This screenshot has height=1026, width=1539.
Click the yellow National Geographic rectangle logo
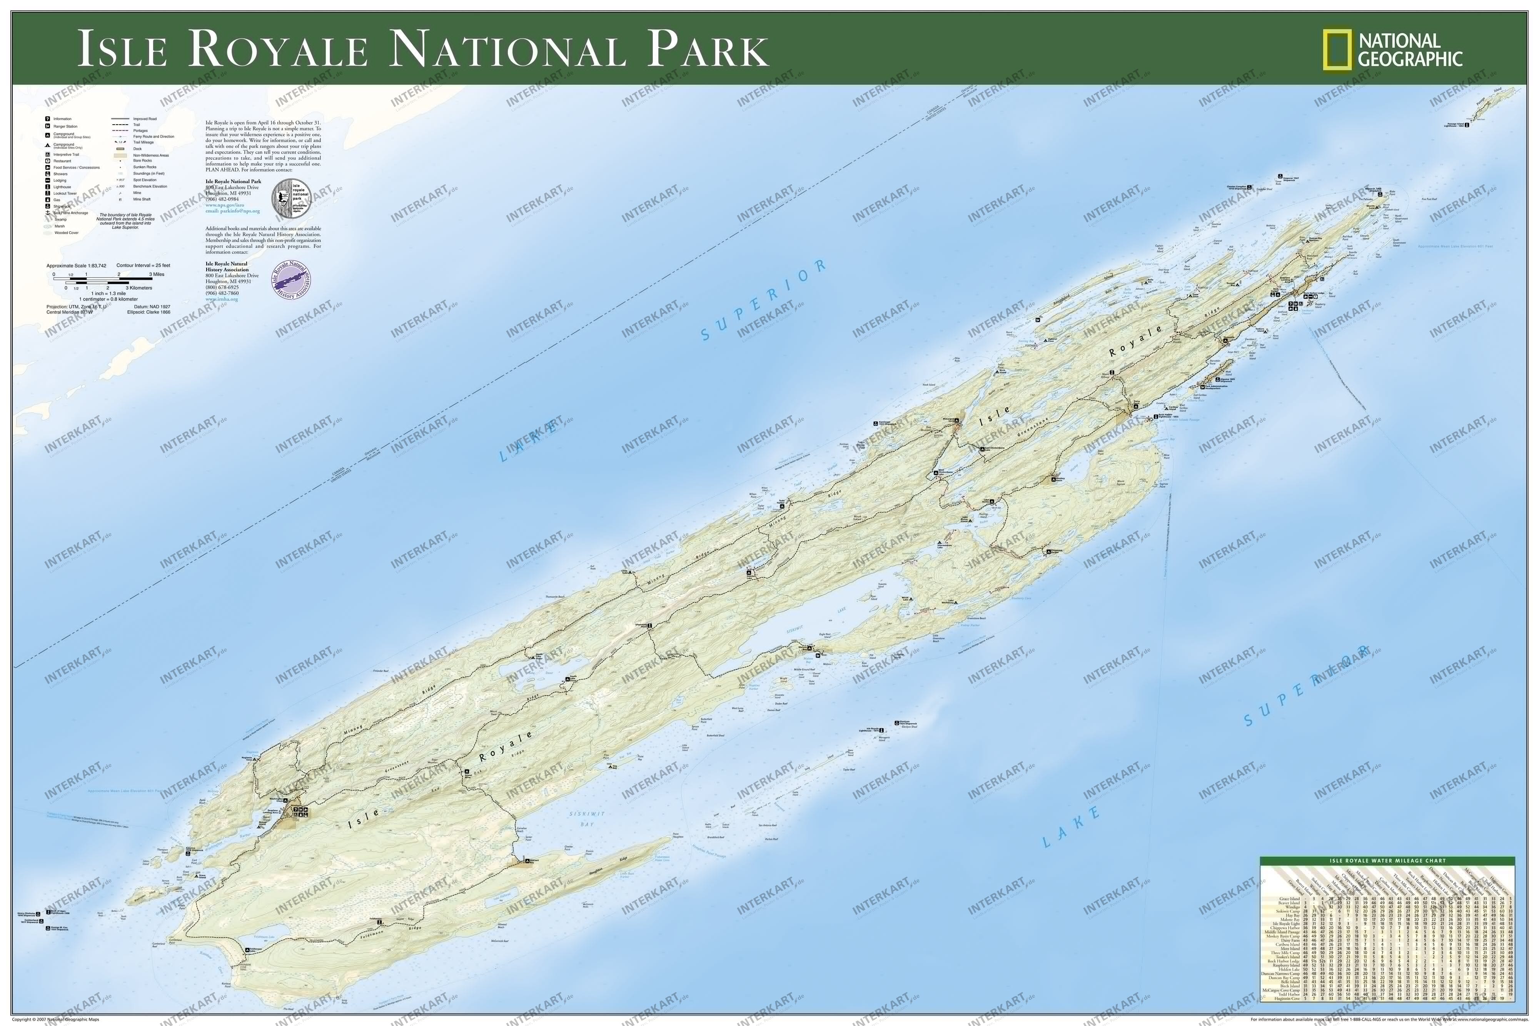[x=1337, y=50]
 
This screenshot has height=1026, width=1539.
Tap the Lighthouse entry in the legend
[x=63, y=187]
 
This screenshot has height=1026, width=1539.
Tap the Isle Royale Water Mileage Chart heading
[x=1387, y=861]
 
